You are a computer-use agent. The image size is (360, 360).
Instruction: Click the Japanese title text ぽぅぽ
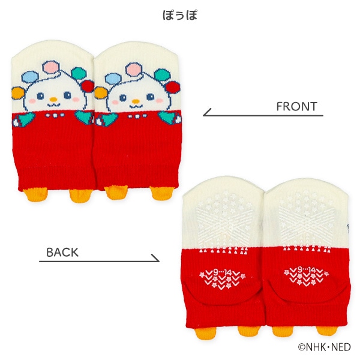[x=180, y=15]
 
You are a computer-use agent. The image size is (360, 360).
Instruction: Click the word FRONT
[x=296, y=107]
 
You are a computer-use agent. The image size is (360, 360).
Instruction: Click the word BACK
[x=62, y=253]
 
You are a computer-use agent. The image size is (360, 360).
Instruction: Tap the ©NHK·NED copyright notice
[x=324, y=347]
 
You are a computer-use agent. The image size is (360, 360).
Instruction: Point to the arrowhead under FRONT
[x=206, y=113]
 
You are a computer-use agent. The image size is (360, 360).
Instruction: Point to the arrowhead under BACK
[x=155, y=258]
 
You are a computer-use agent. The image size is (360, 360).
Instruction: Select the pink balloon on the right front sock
[x=133, y=68]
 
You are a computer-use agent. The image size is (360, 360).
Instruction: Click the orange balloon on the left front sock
[x=18, y=93]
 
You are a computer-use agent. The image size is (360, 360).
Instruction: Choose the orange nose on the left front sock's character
[x=53, y=99]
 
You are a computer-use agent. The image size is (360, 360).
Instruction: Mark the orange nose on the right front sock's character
[x=136, y=101]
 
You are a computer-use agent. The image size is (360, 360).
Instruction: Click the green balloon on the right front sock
[x=163, y=75]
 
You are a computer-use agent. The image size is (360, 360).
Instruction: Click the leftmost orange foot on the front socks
[x=35, y=194]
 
